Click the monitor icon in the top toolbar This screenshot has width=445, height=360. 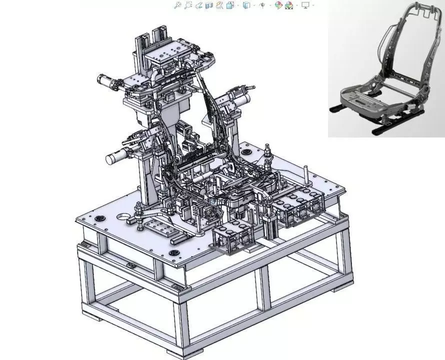pos(305,5)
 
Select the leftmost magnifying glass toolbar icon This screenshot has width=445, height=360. pos(177,5)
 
